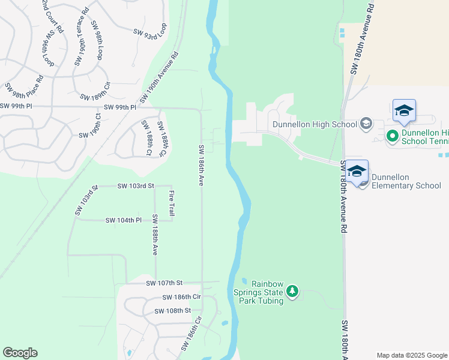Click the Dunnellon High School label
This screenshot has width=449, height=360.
click(315, 125)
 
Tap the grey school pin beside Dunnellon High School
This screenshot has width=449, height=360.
click(366, 125)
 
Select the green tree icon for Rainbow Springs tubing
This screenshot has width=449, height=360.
click(292, 292)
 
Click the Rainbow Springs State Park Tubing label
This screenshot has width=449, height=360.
click(258, 292)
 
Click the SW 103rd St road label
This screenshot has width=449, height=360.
click(136, 186)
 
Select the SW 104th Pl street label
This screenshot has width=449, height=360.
click(123, 220)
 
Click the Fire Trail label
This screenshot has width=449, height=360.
click(172, 203)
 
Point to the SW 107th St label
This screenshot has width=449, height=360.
click(163, 283)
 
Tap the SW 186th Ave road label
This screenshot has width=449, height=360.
click(202, 165)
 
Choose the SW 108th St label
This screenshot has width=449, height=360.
click(172, 311)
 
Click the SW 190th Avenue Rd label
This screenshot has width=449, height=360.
click(160, 77)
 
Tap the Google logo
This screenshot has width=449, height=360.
click(20, 353)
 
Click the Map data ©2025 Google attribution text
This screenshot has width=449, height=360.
click(412, 355)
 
